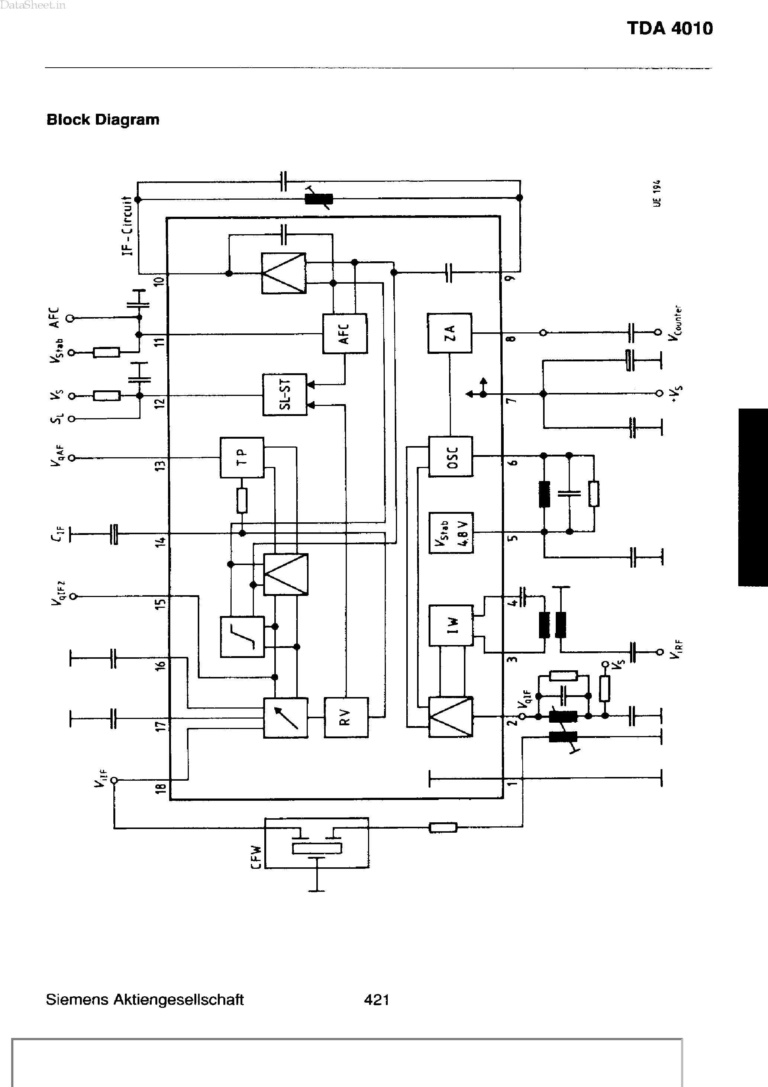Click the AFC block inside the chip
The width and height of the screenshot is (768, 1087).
click(344, 333)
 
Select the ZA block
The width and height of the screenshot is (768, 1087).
click(449, 333)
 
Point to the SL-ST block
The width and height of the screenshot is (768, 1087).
click(285, 395)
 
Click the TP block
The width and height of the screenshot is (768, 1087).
click(242, 457)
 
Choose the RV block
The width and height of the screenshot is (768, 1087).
click(346, 717)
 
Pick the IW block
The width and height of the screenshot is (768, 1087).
click(451, 625)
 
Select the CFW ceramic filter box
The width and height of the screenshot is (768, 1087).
click(316, 843)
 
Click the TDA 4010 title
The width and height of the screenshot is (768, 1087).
click(669, 28)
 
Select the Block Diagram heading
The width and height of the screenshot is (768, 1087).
click(103, 120)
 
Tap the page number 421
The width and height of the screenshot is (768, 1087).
click(377, 999)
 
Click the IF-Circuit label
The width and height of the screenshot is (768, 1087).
click(127, 226)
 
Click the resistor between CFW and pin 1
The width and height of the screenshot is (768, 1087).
click(443, 827)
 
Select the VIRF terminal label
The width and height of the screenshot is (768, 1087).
click(676, 649)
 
